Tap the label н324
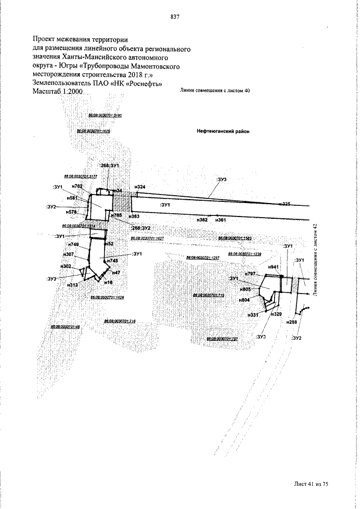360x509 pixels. pyautogui.click(x=140, y=187)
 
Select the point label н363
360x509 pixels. pyautogui.click(x=133, y=216)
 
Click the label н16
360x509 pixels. pyautogui.click(x=109, y=282)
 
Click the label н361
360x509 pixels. pyautogui.click(x=220, y=219)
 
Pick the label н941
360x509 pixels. pyautogui.click(x=274, y=267)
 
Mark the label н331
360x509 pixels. pyautogui.click(x=253, y=315)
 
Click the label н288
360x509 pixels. pyautogui.click(x=291, y=322)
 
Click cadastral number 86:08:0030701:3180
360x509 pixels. pyautogui.click(x=106, y=115)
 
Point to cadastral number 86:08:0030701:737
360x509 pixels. pyautogui.click(x=222, y=339)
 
